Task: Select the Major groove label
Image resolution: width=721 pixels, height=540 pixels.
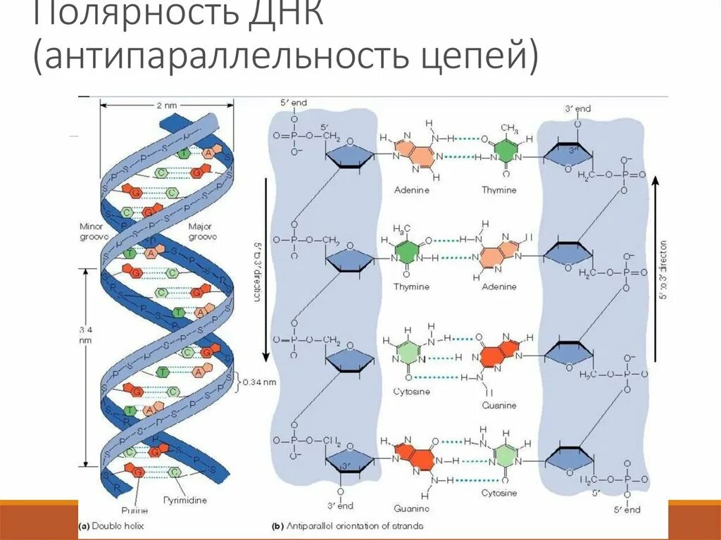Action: click(202, 232)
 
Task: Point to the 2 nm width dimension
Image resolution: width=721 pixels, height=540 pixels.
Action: click(166, 105)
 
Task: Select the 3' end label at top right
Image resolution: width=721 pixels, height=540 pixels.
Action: click(577, 108)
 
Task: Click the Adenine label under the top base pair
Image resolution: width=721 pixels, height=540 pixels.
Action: click(411, 190)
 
